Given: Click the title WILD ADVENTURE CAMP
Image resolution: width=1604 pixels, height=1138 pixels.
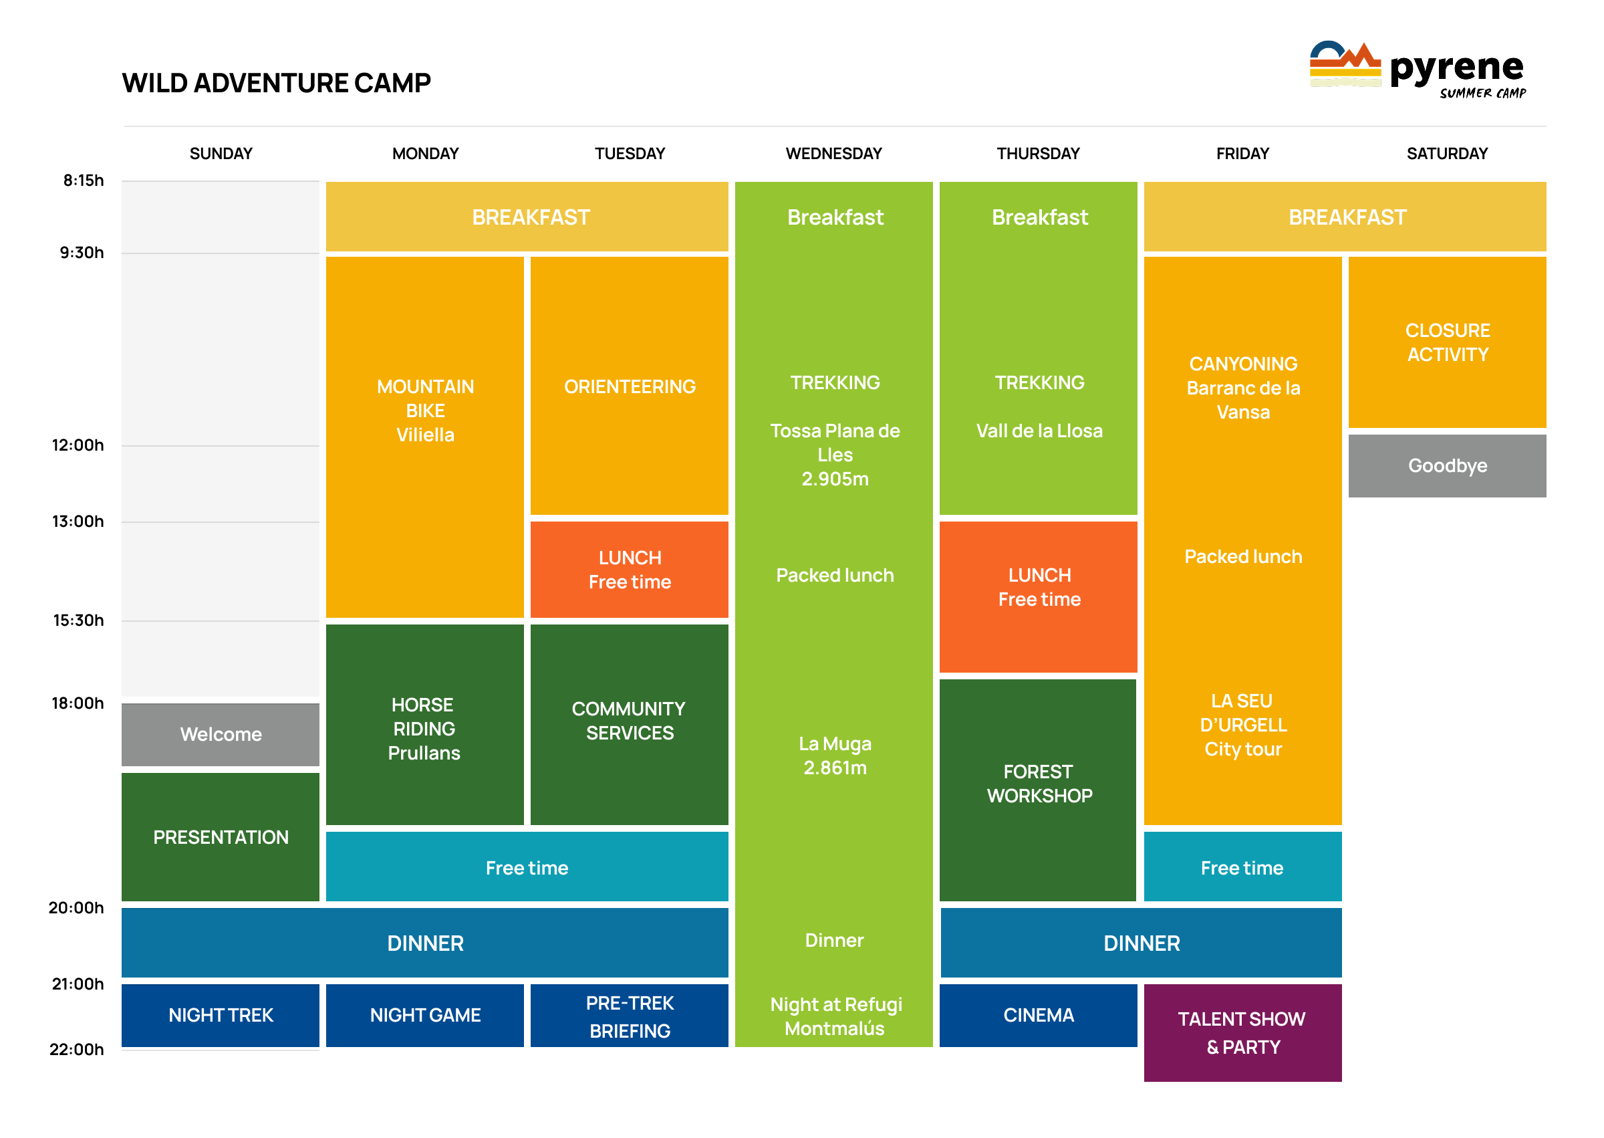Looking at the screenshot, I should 276,83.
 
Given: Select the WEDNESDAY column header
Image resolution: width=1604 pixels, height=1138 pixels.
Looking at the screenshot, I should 833,154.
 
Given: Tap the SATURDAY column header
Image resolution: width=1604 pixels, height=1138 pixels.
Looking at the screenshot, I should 1446,154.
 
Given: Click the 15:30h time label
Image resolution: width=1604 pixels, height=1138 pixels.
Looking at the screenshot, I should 78,620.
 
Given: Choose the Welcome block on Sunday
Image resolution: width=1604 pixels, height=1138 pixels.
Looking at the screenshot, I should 221,734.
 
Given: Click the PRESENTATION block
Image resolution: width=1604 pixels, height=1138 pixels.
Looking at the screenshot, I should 221,836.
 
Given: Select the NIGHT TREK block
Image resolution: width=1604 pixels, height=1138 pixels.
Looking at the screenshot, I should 221,1015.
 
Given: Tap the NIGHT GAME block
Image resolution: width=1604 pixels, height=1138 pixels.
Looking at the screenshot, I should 425,1015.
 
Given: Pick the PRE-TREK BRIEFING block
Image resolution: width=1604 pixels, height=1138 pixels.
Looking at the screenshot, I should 629,1016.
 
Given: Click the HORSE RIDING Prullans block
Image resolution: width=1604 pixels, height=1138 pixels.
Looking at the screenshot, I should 424,728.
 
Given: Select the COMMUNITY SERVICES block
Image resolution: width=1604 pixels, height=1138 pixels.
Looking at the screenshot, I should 629,721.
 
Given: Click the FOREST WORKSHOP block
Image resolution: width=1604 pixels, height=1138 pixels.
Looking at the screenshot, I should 1038,784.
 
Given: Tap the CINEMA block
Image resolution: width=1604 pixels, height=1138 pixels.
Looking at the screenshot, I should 1038,1015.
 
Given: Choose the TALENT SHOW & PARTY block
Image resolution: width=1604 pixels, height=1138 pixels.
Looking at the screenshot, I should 1242,1032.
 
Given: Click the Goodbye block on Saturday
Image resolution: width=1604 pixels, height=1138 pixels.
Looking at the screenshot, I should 1447,465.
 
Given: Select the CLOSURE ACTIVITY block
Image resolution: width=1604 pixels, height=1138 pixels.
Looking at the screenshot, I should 1447,342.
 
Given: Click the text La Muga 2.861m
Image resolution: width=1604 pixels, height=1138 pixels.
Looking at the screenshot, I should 834,756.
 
